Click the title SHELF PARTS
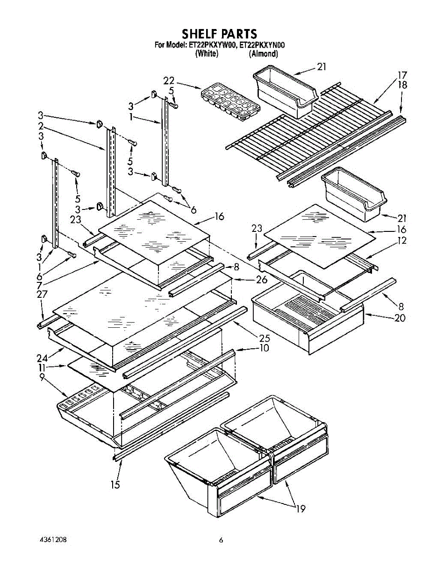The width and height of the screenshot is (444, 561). pyautogui.click(x=219, y=34)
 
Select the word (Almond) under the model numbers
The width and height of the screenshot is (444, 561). pyautogui.click(x=263, y=54)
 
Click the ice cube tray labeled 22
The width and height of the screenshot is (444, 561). pyautogui.click(x=230, y=101)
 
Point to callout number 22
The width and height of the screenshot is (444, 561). pyautogui.click(x=169, y=80)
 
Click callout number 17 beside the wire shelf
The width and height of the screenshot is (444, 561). pyautogui.click(x=402, y=75)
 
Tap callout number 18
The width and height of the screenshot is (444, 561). pyautogui.click(x=402, y=85)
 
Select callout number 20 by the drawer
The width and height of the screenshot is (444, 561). pyautogui.click(x=400, y=318)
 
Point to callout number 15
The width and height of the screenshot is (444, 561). pyautogui.click(x=115, y=484)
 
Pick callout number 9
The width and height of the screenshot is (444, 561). pyautogui.click(x=42, y=378)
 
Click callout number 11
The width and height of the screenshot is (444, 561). pyautogui.click(x=42, y=368)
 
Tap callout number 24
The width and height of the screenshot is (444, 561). pyautogui.click(x=42, y=358)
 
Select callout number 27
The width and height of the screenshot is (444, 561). pyautogui.click(x=42, y=295)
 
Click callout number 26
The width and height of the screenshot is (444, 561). pyautogui.click(x=262, y=280)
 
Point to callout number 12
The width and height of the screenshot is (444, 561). pyautogui.click(x=402, y=240)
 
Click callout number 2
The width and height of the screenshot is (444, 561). pyautogui.click(x=41, y=126)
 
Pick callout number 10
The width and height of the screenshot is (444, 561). pyautogui.click(x=264, y=348)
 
